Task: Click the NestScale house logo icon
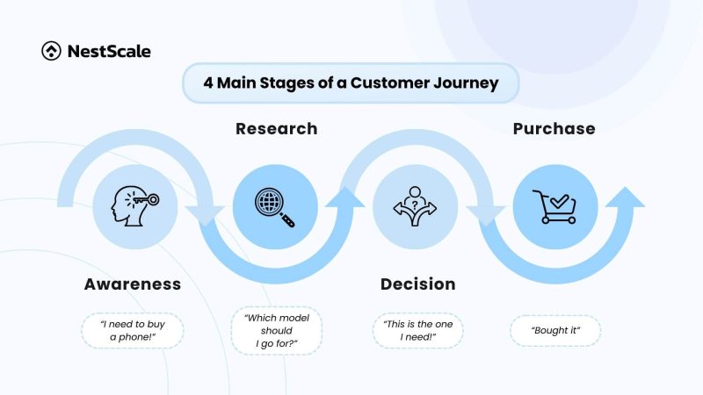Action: click(x=51, y=51)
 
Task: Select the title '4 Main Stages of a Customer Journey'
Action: click(x=351, y=83)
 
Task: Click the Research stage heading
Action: click(x=276, y=129)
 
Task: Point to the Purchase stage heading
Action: click(x=554, y=129)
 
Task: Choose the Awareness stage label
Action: click(x=133, y=284)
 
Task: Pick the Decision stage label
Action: click(x=417, y=284)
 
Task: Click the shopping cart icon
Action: click(x=554, y=206)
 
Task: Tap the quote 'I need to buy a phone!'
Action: click(x=134, y=332)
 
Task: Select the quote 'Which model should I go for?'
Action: click(x=276, y=331)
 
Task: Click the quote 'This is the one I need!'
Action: click(x=417, y=331)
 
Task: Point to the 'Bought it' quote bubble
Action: click(x=554, y=331)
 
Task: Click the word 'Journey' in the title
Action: click(x=467, y=83)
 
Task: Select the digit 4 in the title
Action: click(x=207, y=83)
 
